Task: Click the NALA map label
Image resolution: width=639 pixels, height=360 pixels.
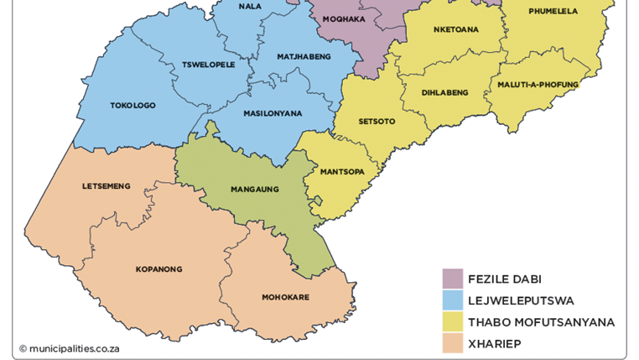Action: (x=249, y=7)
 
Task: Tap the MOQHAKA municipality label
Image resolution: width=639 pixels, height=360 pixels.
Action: (x=345, y=18)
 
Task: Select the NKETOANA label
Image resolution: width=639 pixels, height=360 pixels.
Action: (x=456, y=29)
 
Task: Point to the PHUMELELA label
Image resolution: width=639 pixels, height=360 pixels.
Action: (x=553, y=11)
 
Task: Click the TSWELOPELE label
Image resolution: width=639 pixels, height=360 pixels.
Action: (x=208, y=64)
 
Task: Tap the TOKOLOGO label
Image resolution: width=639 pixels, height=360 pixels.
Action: (x=132, y=106)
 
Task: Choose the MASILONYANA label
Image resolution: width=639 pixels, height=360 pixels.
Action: (x=273, y=113)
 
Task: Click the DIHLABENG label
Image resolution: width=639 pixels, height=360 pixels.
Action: (x=444, y=92)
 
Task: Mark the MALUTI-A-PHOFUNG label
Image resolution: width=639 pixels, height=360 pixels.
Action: (x=538, y=84)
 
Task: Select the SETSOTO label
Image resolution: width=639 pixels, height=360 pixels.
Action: (x=377, y=122)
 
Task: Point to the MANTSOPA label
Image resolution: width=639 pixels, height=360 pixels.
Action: (x=342, y=172)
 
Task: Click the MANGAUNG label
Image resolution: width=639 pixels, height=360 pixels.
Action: (x=254, y=190)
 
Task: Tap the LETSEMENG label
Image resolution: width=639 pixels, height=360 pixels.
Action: (x=106, y=186)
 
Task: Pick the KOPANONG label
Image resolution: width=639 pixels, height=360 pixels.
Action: (x=158, y=269)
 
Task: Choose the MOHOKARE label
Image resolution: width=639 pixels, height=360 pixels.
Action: (x=285, y=297)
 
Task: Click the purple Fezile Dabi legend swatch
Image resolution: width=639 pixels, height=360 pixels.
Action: (x=452, y=279)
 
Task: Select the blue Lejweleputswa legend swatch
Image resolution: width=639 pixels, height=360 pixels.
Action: (x=452, y=300)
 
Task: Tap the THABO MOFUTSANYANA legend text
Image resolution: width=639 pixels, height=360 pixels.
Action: (x=541, y=322)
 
